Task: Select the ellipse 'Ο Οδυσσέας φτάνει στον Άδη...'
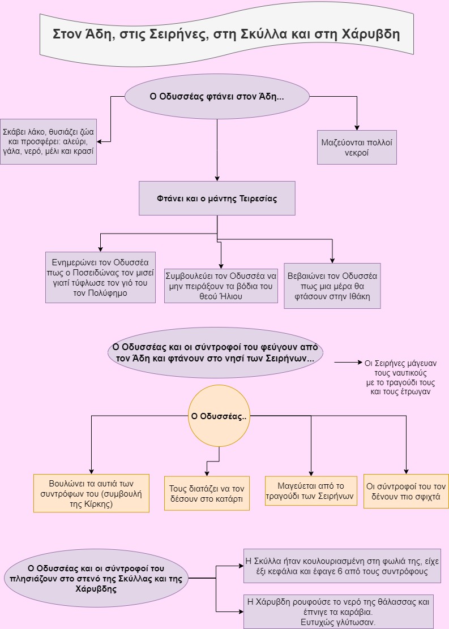point(217,97)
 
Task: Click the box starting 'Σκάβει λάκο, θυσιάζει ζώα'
point(48,141)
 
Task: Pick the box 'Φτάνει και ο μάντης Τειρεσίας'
point(217,198)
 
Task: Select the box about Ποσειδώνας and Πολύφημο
point(100,277)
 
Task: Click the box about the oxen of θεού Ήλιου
point(221,286)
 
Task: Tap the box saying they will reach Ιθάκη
point(332,286)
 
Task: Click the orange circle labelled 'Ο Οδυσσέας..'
point(219,416)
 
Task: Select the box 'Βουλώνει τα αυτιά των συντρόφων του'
point(91,493)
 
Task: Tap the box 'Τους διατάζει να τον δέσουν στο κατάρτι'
point(206,493)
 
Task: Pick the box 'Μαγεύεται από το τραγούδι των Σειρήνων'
point(311,491)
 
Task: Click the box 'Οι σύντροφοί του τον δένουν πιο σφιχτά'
point(406,491)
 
